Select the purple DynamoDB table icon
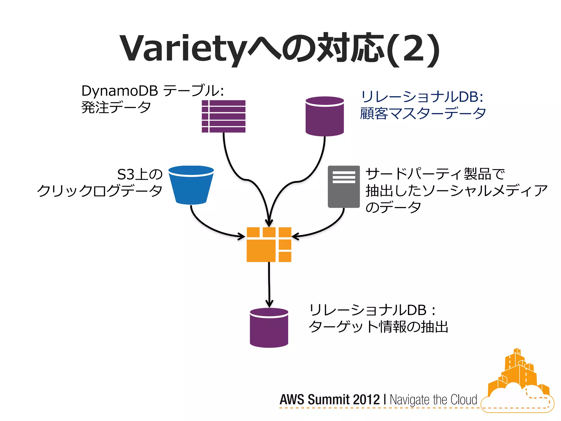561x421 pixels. point(224,116)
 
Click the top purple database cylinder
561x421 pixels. point(325,116)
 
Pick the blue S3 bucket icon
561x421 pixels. point(191,185)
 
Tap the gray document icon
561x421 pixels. point(344,186)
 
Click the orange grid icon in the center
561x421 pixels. point(269,244)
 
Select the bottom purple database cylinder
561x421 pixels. point(269,328)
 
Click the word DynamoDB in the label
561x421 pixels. point(120,91)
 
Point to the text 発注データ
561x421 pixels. point(116,107)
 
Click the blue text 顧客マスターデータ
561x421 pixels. point(423,113)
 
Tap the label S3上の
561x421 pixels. point(140,174)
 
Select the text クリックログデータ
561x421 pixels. point(100,191)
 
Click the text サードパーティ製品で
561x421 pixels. point(435,174)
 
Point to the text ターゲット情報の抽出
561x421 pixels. point(378,327)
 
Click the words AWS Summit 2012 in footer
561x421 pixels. point(330,400)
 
